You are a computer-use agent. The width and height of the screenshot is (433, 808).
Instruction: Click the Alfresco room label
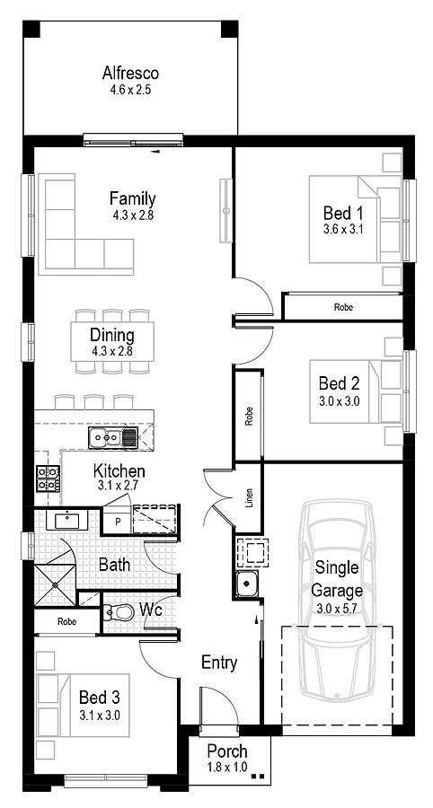[130, 73]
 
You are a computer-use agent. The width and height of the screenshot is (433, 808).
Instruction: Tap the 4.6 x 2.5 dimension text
[130, 90]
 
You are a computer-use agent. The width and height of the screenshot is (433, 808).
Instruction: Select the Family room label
[132, 198]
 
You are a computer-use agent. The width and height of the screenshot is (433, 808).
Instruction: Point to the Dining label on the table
[112, 336]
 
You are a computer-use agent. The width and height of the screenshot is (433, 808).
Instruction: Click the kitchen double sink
[112, 437]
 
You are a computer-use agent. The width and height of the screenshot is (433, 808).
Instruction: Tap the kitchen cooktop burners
[48, 479]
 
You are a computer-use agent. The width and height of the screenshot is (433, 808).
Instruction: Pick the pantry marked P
[118, 521]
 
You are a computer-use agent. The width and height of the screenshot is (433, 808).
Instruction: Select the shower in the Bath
[54, 584]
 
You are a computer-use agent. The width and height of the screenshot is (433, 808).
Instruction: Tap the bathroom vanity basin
[67, 520]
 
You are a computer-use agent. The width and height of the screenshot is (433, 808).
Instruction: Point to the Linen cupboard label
[250, 496]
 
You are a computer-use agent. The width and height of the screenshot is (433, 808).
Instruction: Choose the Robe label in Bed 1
[343, 308]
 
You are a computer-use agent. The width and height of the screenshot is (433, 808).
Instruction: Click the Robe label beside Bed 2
[250, 416]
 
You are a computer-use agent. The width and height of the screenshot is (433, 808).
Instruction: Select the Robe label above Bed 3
[67, 621]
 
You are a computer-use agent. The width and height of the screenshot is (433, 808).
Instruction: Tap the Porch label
[227, 751]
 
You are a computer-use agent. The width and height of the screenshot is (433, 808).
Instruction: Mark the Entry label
[219, 663]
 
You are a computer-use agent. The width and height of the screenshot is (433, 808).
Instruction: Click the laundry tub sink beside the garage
[246, 584]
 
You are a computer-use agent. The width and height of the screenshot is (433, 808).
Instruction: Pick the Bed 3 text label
[100, 698]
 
